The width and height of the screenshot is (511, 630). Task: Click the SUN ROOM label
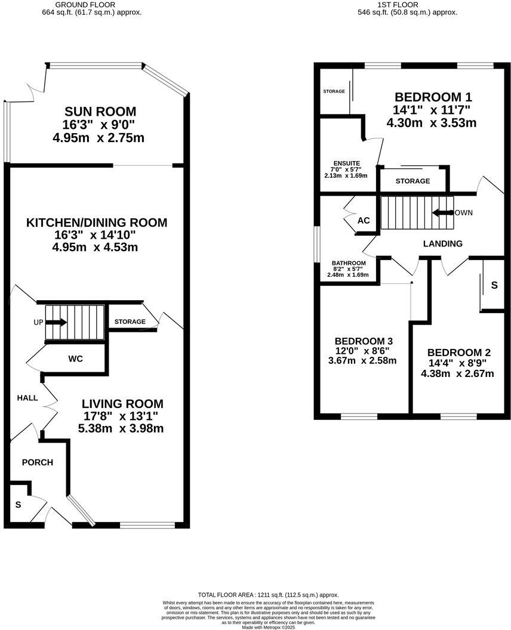pyautogui.click(x=100, y=112)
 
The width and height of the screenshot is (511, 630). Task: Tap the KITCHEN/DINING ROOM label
pyautogui.click(x=97, y=223)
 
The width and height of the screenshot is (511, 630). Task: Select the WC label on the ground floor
pyautogui.click(x=75, y=359)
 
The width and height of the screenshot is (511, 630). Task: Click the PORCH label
pyautogui.click(x=38, y=462)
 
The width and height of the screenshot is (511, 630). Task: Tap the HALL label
pyautogui.click(x=27, y=398)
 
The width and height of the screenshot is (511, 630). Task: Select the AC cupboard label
pyautogui.click(x=364, y=221)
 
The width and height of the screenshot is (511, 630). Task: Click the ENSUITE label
pyautogui.click(x=346, y=163)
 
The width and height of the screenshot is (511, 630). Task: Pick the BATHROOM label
pyautogui.click(x=349, y=263)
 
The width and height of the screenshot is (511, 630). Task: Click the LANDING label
pyautogui.click(x=442, y=243)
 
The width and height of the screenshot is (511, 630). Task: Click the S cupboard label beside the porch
pyautogui.click(x=18, y=505)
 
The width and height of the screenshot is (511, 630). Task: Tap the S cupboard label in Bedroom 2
pyautogui.click(x=494, y=286)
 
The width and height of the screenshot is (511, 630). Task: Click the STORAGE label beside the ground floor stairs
pyautogui.click(x=130, y=322)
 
